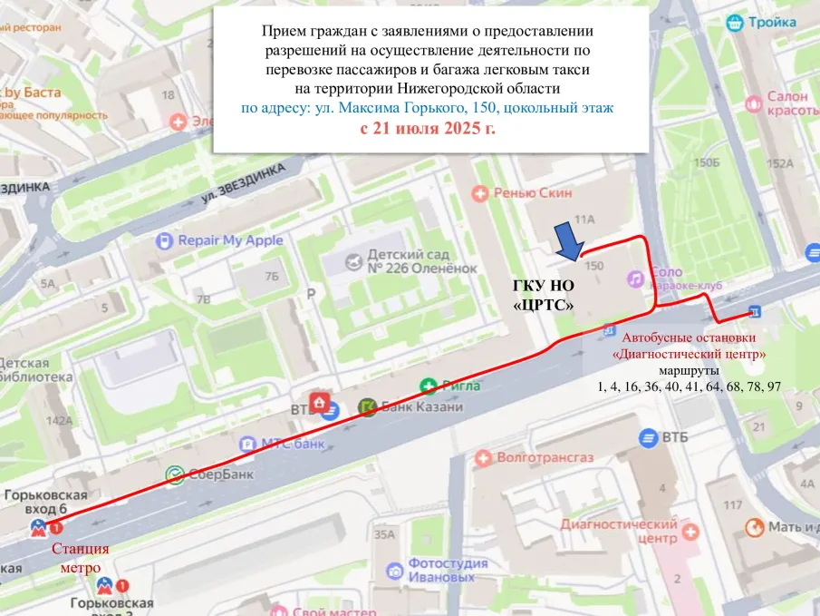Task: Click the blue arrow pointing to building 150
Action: click(568, 241)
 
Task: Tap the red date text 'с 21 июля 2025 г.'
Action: click(428, 129)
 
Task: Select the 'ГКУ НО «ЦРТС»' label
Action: click(545, 294)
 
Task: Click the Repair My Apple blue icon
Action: click(164, 240)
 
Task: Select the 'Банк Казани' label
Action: click(421, 406)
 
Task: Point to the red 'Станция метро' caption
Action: click(81, 558)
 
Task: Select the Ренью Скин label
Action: click(526, 192)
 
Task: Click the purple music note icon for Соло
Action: click(636, 276)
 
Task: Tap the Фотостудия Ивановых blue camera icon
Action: click(394, 571)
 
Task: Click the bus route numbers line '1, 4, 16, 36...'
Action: click(689, 386)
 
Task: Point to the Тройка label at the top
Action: click(771, 24)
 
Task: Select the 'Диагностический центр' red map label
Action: click(619, 531)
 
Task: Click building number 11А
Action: click(584, 219)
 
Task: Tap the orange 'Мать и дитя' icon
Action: click(753, 527)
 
